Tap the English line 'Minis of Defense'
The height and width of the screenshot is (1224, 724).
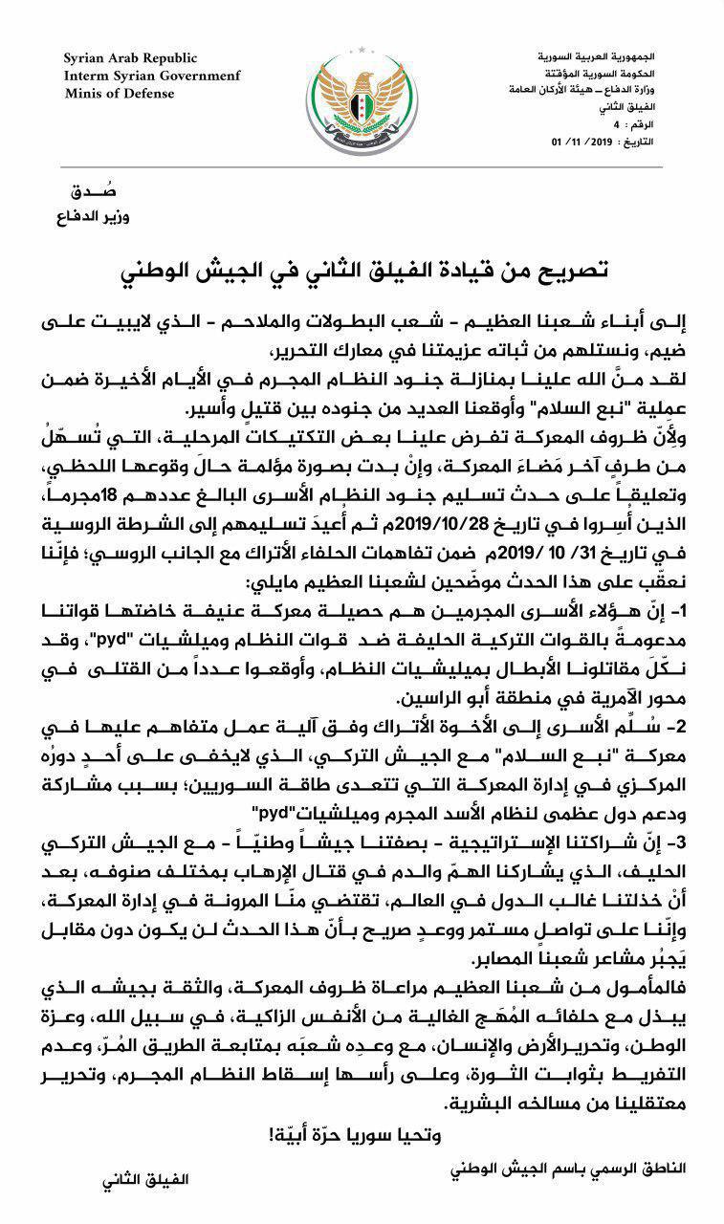tap(121, 93)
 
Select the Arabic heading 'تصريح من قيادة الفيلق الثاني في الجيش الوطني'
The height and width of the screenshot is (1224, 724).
tap(362, 272)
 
